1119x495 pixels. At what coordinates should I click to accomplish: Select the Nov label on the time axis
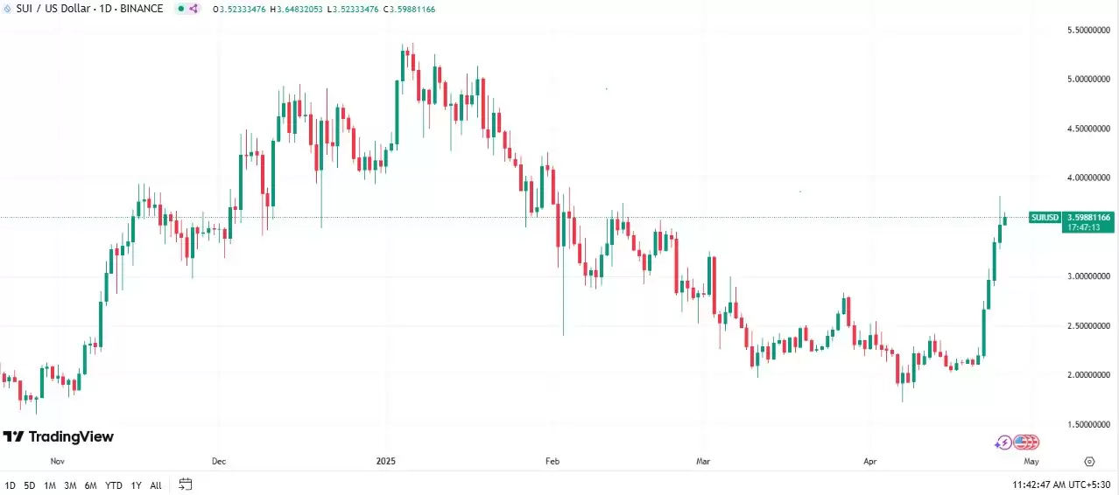pyautogui.click(x=58, y=460)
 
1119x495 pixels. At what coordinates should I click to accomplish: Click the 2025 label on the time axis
pyautogui.click(x=386, y=460)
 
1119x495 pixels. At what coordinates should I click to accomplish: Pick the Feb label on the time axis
pyautogui.click(x=552, y=460)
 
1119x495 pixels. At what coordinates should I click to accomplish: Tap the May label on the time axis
pyautogui.click(x=1031, y=460)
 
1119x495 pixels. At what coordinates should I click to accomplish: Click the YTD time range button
pyautogui.click(x=114, y=485)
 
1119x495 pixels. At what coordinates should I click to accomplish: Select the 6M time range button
pyautogui.click(x=91, y=485)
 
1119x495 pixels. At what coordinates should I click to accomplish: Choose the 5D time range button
pyautogui.click(x=30, y=485)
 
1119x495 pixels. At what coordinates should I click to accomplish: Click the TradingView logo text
pyautogui.click(x=71, y=436)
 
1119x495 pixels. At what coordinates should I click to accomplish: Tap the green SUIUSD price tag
pyautogui.click(x=1045, y=217)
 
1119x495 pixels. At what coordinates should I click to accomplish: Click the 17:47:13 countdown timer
pyautogui.click(x=1083, y=227)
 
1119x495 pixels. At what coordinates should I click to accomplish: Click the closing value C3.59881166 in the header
pyautogui.click(x=405, y=9)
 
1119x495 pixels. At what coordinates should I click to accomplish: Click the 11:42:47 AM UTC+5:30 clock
pyautogui.click(x=1062, y=485)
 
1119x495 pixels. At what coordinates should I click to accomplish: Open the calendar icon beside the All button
pyautogui.click(x=185, y=484)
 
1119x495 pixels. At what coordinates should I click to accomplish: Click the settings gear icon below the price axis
pyautogui.click(x=1089, y=461)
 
